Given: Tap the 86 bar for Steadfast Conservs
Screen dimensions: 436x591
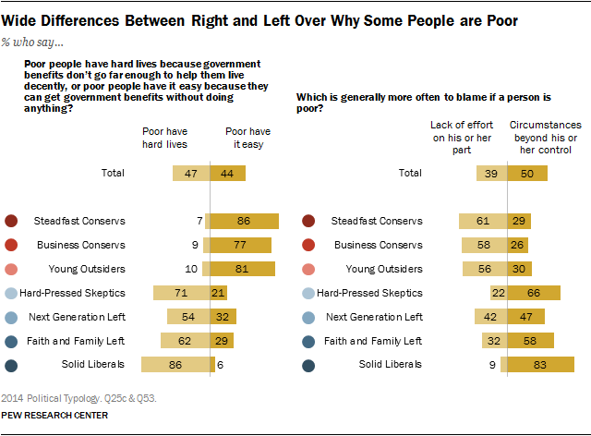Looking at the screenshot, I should tap(243, 221).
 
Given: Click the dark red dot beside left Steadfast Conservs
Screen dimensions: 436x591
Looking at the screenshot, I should tap(12, 221).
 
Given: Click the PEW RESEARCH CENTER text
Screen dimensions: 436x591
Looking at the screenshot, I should tap(54, 416).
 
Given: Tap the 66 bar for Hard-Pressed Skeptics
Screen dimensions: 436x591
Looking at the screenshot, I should tap(534, 293).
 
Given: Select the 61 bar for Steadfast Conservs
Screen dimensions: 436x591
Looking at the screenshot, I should tap(483, 221).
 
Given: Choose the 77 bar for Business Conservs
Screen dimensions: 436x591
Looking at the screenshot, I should tap(240, 245).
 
